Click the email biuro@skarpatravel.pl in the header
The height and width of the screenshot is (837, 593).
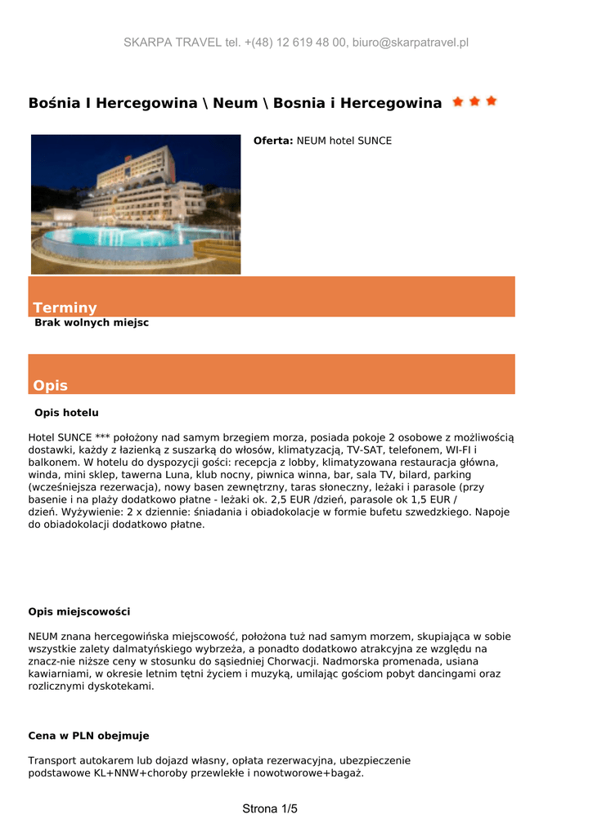pyautogui.click(x=411, y=43)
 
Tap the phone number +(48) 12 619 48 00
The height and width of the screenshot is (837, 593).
pyautogui.click(x=296, y=43)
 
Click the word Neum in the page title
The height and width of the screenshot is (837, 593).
pyautogui.click(x=235, y=104)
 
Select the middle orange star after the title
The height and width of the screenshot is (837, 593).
pyautogui.click(x=474, y=102)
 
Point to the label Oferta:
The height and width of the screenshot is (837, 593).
pyautogui.click(x=273, y=141)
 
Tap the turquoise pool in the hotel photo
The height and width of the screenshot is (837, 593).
pyautogui.click(x=123, y=239)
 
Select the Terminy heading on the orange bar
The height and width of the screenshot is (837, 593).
pyautogui.click(x=65, y=307)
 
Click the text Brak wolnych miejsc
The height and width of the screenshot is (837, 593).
pyautogui.click(x=92, y=323)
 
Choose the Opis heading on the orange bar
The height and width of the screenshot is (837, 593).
pyautogui.click(x=50, y=385)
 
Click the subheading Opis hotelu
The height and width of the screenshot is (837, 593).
pyautogui.click(x=66, y=413)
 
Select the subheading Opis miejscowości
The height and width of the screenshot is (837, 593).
pyautogui.click(x=79, y=612)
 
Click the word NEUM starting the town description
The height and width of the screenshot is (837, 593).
pyautogui.click(x=43, y=637)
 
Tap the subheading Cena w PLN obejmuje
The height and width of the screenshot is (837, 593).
pyautogui.click(x=88, y=736)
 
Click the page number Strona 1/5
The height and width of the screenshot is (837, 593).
pyautogui.click(x=270, y=809)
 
